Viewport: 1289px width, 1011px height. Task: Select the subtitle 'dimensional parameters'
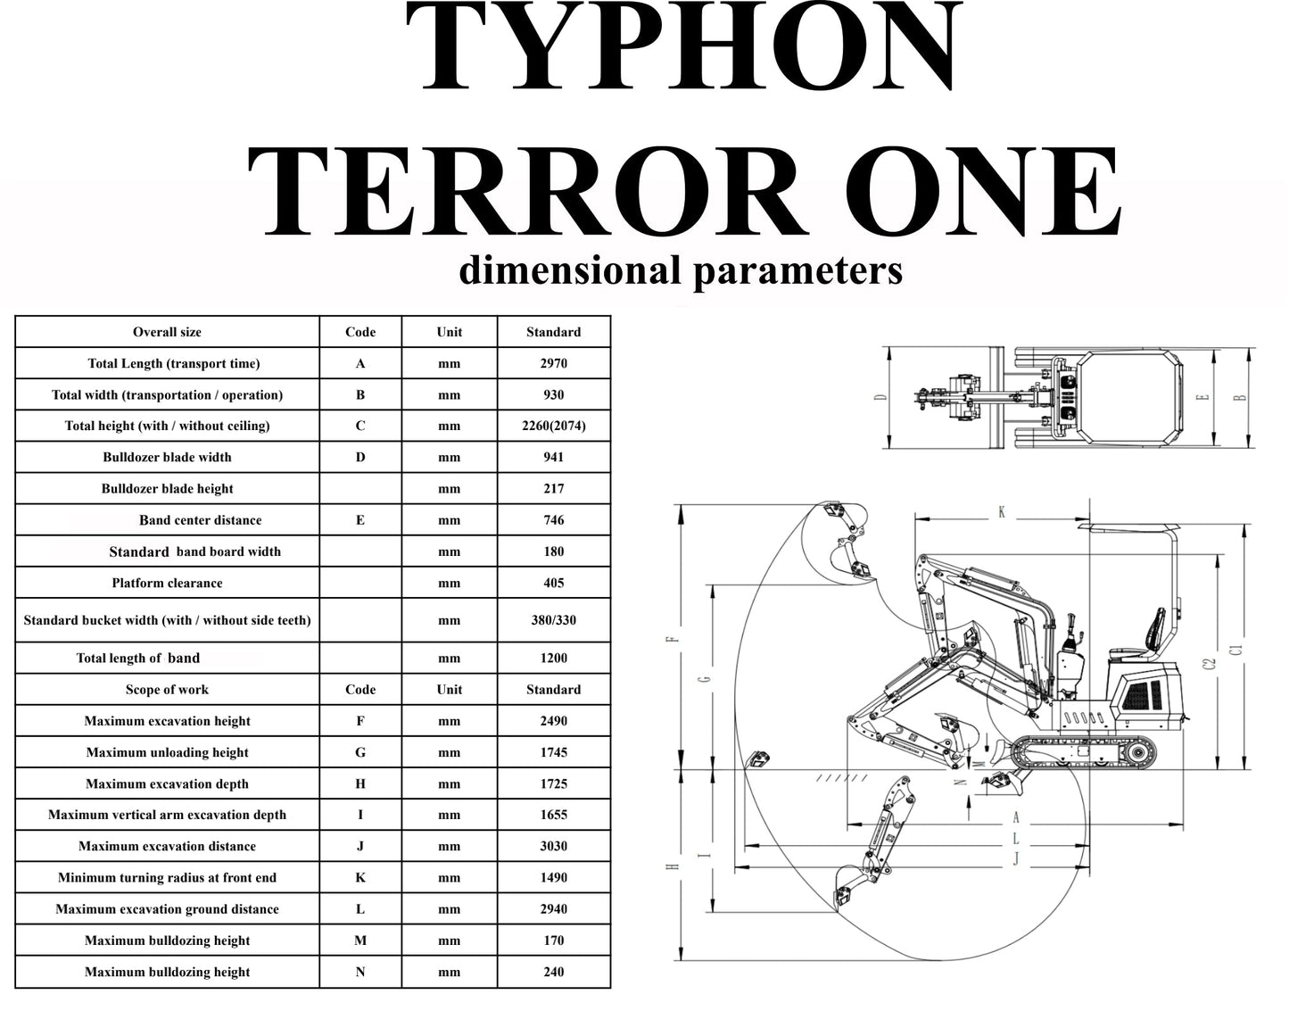pyautogui.click(x=680, y=270)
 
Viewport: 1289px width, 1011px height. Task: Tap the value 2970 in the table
pyautogui.click(x=553, y=364)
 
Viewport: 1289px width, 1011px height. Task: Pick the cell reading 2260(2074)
pyautogui.click(x=553, y=427)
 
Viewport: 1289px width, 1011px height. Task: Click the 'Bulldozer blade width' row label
pyautogui.click(x=167, y=458)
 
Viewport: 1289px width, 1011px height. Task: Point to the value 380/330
pyautogui.click(x=553, y=620)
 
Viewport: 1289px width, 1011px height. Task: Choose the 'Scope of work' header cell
pyautogui.click(x=167, y=690)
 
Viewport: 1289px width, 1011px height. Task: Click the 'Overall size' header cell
pyautogui.click(x=167, y=332)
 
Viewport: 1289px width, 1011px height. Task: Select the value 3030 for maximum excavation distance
pyautogui.click(x=553, y=847)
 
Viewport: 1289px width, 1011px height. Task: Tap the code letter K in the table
pyautogui.click(x=360, y=878)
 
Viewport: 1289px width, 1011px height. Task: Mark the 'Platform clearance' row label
pyautogui.click(x=167, y=584)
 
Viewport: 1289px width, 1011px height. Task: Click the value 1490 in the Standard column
pyautogui.click(x=553, y=878)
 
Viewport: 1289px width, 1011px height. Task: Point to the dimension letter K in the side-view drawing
pyautogui.click(x=1002, y=512)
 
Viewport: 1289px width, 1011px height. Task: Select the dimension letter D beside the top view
pyautogui.click(x=881, y=397)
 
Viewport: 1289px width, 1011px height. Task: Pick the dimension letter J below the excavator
pyautogui.click(x=1015, y=859)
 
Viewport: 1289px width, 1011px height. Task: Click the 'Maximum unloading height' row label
pyautogui.click(x=167, y=753)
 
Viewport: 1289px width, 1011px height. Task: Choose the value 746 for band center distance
pyautogui.click(x=553, y=520)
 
